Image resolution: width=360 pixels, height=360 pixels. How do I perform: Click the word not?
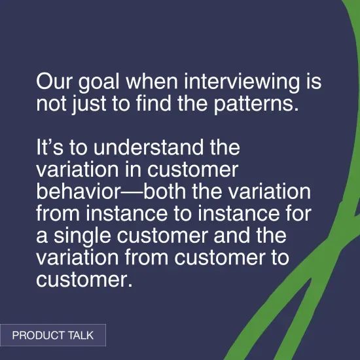[x=50, y=103]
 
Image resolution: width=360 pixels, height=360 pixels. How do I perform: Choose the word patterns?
[x=248, y=103]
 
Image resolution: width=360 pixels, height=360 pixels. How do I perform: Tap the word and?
[x=230, y=235]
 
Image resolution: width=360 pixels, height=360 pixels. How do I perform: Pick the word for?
[x=292, y=214]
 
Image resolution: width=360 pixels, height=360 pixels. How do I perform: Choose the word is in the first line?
[x=314, y=83]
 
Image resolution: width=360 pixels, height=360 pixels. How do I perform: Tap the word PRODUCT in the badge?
[x=39, y=336]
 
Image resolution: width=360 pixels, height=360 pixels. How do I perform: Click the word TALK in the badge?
[x=81, y=336]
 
